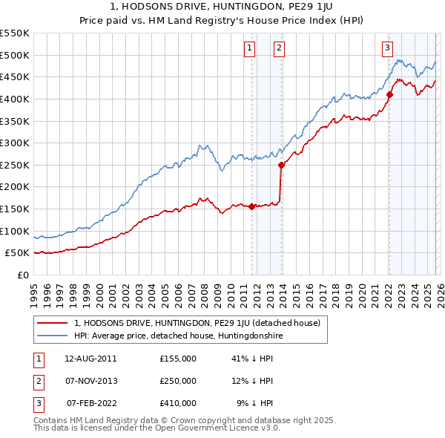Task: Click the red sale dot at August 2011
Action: [x=252, y=206]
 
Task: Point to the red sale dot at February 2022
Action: [x=389, y=94]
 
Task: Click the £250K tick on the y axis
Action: [x=15, y=165]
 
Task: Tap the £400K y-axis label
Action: [x=15, y=99]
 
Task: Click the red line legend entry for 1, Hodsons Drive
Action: [x=197, y=323]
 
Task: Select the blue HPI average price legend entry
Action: [x=179, y=336]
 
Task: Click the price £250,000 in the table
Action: [x=178, y=381]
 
